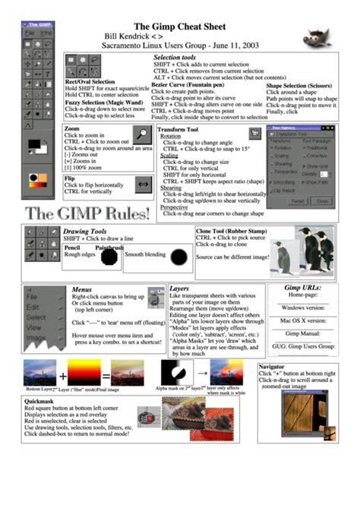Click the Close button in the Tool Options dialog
pyautogui.click(x=321, y=200)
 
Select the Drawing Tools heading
pyautogui.click(x=85, y=231)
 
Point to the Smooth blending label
pyautogui.click(x=146, y=254)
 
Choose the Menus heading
pyautogui.click(x=82, y=289)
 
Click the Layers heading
pyautogui.click(x=179, y=289)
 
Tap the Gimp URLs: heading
pyautogui.click(x=301, y=289)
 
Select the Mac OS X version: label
pyautogui.click(x=301, y=321)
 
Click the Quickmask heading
pyautogui.click(x=38, y=400)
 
